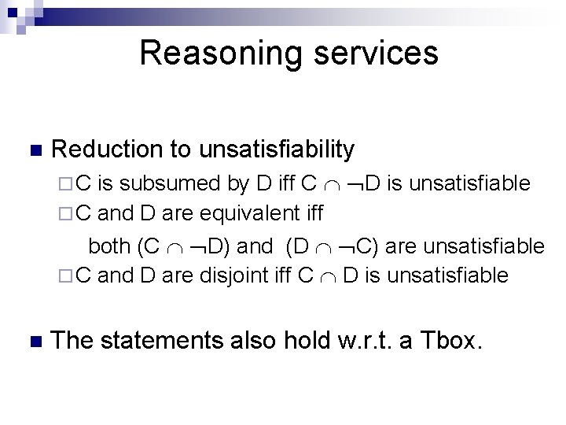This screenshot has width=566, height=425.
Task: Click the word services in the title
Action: click(x=373, y=53)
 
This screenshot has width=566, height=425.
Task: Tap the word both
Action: click(x=110, y=246)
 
